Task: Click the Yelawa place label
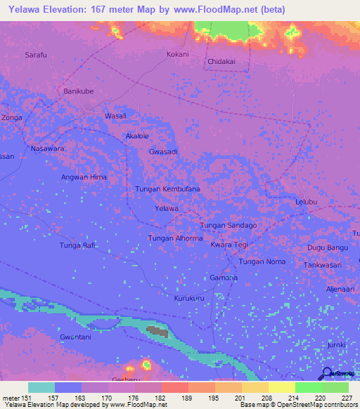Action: pos(167,209)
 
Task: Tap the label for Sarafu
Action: pos(37,55)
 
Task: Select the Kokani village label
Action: pos(177,54)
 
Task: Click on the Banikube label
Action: pos(79,91)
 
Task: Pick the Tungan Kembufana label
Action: pos(167,189)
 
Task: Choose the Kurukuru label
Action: pos(189,298)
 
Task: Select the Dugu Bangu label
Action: pos(328,248)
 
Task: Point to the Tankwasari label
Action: pos(323,265)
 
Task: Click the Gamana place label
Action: pos(224,278)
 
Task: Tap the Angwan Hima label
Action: pos(84,177)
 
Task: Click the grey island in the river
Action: pos(157,330)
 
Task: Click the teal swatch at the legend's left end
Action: pos(41,387)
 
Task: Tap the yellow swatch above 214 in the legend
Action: pos(281,387)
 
